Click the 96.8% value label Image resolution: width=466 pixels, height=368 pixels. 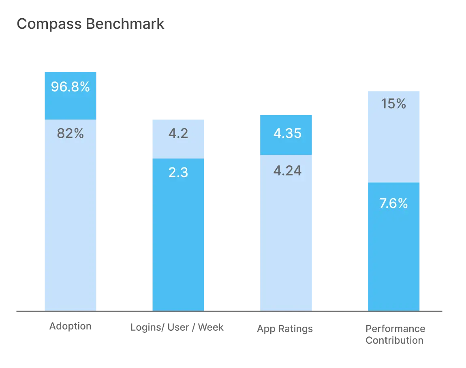click(x=70, y=87)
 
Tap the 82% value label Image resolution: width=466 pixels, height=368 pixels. click(x=70, y=133)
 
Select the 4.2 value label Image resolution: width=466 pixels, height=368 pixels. click(x=178, y=133)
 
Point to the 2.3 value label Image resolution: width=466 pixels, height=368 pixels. click(x=178, y=173)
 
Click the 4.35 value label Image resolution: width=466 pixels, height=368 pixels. click(x=287, y=133)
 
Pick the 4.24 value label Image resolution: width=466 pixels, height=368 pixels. click(x=287, y=171)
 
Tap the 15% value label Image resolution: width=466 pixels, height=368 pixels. click(x=393, y=104)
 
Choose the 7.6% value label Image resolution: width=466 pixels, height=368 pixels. click(x=393, y=203)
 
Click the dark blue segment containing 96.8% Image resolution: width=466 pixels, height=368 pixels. click(x=70, y=101)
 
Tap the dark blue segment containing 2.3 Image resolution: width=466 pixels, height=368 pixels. click(x=178, y=243)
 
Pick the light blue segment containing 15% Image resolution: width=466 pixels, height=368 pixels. click(x=394, y=142)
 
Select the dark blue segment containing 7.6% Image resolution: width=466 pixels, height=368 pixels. click(x=394, y=255)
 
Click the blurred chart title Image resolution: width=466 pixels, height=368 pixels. click(x=90, y=24)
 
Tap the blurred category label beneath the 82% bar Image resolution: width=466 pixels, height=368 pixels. click(x=71, y=326)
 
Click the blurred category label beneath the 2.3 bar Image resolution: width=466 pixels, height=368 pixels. click(x=177, y=327)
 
